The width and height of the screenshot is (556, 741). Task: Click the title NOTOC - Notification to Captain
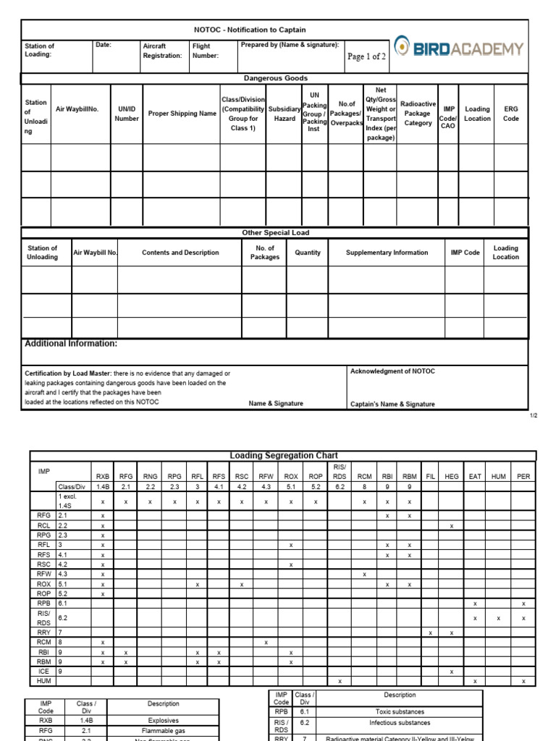click(x=250, y=30)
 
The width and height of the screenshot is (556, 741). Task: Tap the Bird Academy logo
click(x=459, y=49)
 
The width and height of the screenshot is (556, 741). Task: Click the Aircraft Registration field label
click(x=162, y=51)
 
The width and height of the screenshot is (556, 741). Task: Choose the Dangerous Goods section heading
click(x=275, y=78)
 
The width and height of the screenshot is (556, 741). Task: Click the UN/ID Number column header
click(x=127, y=114)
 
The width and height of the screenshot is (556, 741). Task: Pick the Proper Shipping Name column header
click(x=182, y=114)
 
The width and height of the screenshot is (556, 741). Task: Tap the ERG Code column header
click(x=511, y=114)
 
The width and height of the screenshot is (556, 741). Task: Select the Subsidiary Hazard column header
click(x=285, y=114)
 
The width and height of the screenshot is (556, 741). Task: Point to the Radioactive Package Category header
click(x=418, y=114)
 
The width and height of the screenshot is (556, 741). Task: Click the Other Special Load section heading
click(x=275, y=233)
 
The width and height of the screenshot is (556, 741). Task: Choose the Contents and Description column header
click(x=180, y=253)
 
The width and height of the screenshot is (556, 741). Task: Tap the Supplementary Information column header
click(x=387, y=253)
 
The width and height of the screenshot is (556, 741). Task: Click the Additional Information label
click(x=71, y=344)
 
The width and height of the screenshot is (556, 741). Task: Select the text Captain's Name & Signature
click(x=392, y=405)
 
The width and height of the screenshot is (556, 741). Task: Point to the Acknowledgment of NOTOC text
click(x=392, y=371)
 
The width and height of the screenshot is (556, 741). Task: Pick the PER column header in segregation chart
click(x=523, y=476)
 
